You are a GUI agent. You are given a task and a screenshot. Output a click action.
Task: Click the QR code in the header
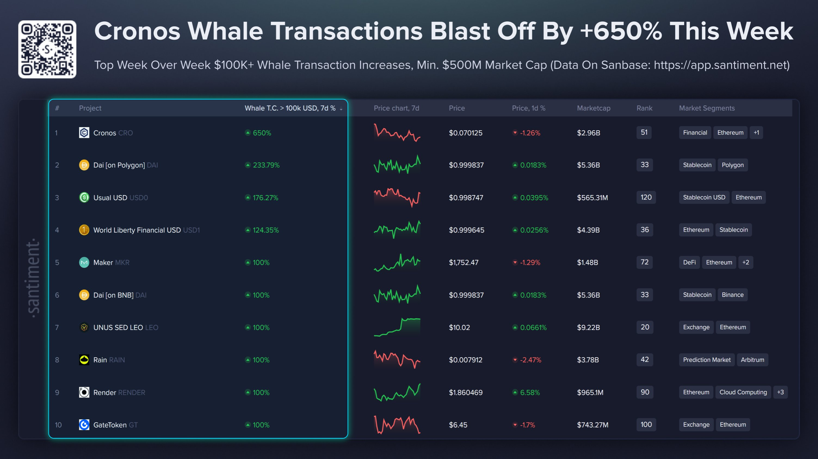[47, 49]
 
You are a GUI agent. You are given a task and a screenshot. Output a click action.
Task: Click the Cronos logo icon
[84, 133]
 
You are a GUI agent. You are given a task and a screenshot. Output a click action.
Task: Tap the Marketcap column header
[593, 108]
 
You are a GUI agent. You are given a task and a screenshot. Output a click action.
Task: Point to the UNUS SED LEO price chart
[397, 327]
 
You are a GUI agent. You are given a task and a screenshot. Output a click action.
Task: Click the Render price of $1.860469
[465, 392]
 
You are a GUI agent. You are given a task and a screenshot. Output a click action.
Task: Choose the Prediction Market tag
[706, 360]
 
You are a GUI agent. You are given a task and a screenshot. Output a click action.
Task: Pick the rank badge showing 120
[646, 197]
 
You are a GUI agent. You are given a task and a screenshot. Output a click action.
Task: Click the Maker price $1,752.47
[463, 263]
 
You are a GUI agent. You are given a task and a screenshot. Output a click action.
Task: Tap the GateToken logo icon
[84, 425]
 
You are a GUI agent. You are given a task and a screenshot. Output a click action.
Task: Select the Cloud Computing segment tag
[743, 392]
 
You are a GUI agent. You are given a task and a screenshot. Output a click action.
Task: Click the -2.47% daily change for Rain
[530, 360]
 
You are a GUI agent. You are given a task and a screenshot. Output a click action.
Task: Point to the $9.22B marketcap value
[588, 328]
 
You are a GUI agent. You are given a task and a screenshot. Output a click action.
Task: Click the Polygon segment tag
[733, 165]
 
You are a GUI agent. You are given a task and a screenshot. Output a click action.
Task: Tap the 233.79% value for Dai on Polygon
[266, 165]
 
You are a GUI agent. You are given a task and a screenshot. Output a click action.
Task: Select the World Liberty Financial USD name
[137, 230]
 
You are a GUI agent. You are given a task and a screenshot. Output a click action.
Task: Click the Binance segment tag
[733, 295]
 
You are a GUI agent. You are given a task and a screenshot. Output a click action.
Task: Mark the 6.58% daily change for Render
[530, 392]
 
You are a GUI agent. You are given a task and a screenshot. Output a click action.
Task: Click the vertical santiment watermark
[33, 278]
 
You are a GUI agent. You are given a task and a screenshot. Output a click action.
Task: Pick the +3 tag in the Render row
[780, 392]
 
